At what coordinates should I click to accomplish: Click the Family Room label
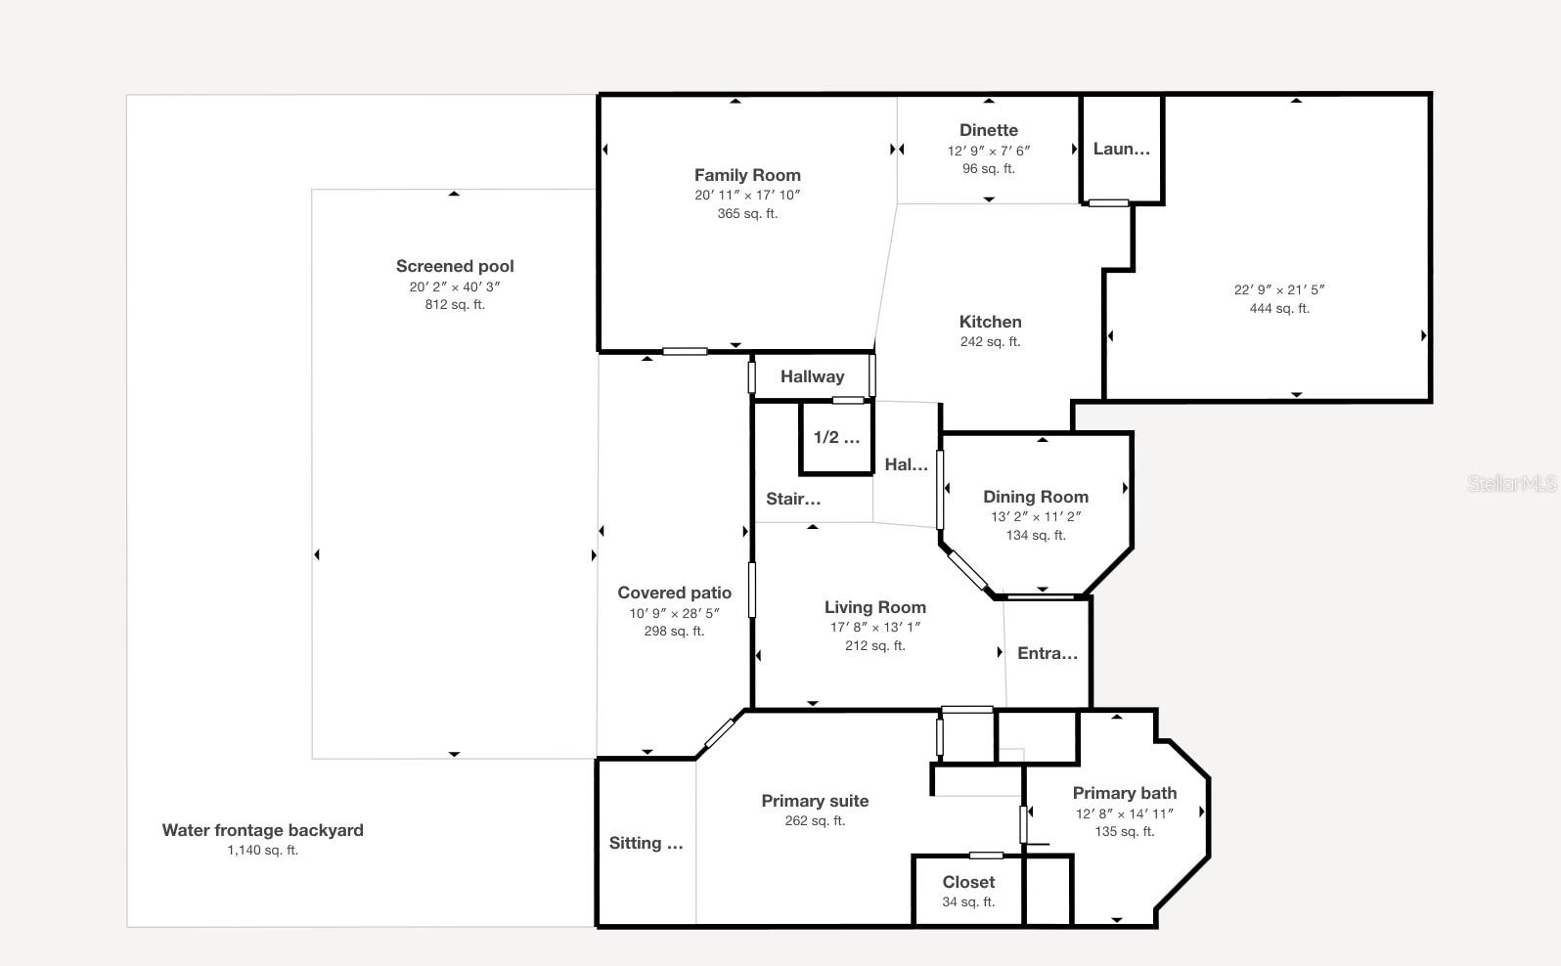[x=747, y=175]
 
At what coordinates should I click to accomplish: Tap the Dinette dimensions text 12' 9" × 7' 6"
[x=988, y=151]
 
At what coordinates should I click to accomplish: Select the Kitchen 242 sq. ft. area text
[x=990, y=341]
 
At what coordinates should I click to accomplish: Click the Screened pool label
[x=455, y=266]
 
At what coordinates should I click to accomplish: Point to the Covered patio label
[x=674, y=593]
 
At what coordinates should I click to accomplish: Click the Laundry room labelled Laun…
[x=1121, y=149]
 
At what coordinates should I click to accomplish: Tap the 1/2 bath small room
[x=836, y=438]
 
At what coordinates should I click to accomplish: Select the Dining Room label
[x=1035, y=497]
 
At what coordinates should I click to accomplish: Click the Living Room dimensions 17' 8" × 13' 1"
[x=874, y=627]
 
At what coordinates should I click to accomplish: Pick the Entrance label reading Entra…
[x=1047, y=653]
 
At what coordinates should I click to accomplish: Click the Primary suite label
[x=815, y=801]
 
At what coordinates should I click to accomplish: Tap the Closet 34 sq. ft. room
[x=968, y=890]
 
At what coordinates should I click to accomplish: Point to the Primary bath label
[x=1124, y=793]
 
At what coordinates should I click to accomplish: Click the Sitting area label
[x=646, y=843]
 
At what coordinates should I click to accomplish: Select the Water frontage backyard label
[x=262, y=830]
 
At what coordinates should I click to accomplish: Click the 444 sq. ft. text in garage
[x=1278, y=308]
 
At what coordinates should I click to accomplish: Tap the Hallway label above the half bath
[x=812, y=376]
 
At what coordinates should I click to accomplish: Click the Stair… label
[x=793, y=499]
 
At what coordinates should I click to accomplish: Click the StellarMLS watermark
[x=1511, y=483]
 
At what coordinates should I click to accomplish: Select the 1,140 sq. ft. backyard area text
[x=262, y=850]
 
